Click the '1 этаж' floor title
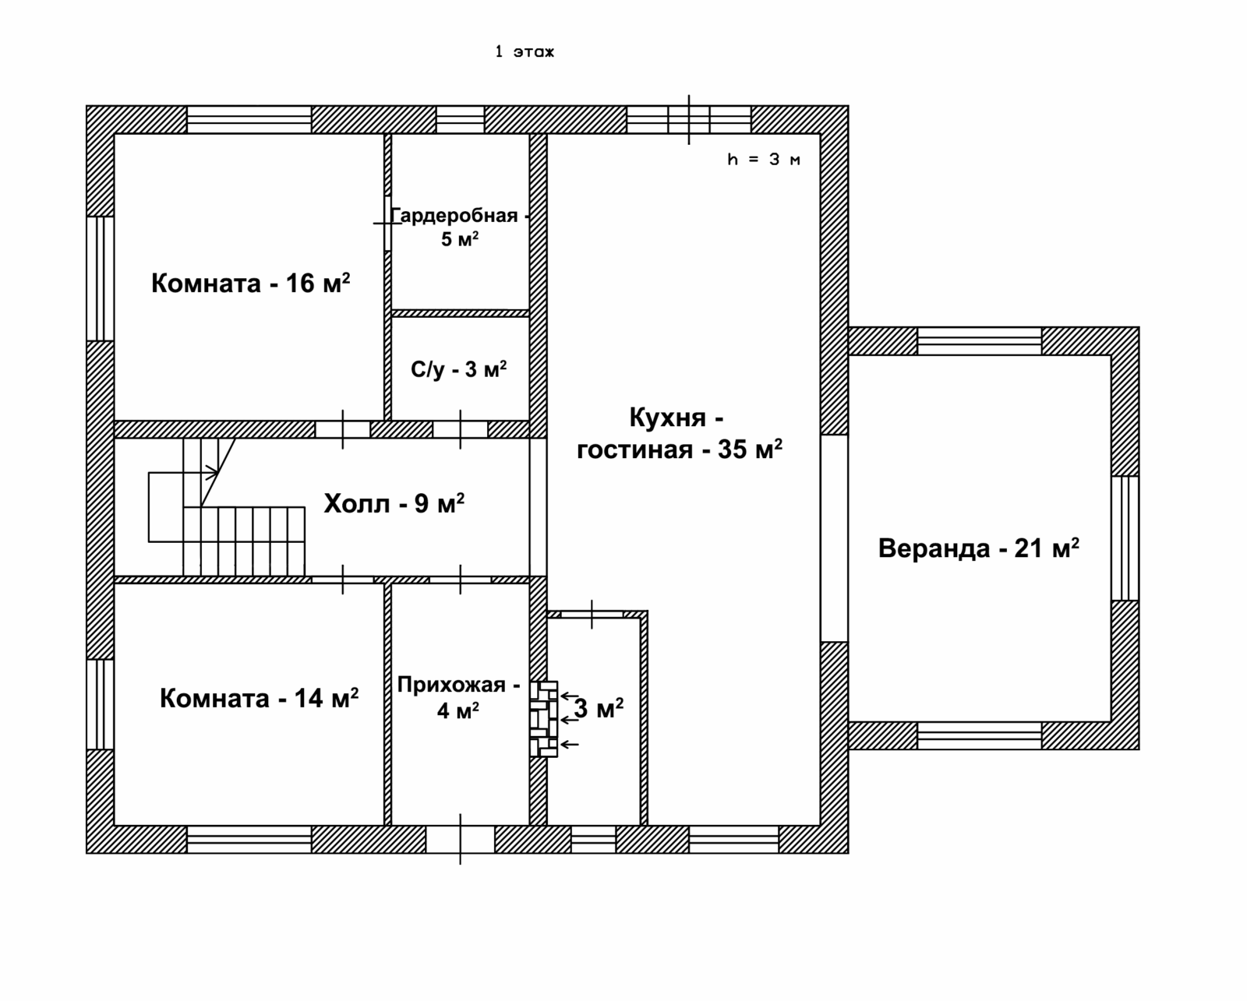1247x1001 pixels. click(x=525, y=51)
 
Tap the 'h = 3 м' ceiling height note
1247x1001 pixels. click(x=764, y=159)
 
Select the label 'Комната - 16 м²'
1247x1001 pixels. click(x=250, y=284)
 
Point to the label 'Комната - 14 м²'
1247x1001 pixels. click(x=259, y=698)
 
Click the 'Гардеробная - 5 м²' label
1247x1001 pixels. click(x=460, y=227)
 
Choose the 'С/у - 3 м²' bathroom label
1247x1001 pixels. click(x=459, y=369)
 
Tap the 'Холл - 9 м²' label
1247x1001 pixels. click(x=394, y=502)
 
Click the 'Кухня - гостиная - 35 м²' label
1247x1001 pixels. click(x=679, y=432)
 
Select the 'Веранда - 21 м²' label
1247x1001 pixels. click(x=979, y=548)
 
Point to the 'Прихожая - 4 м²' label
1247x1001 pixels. click(x=459, y=697)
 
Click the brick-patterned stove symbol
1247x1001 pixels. click(x=543, y=719)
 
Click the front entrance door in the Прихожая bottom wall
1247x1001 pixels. click(x=461, y=839)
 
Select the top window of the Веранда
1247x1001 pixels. click(x=980, y=341)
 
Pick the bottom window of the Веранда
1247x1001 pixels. click(x=980, y=735)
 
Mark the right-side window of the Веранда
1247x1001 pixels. click(x=1125, y=538)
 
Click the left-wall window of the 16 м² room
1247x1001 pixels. click(x=101, y=279)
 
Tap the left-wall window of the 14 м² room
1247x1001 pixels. click(x=101, y=704)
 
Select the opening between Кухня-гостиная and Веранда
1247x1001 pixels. click(x=835, y=538)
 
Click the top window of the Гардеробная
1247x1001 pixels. click(x=460, y=120)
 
